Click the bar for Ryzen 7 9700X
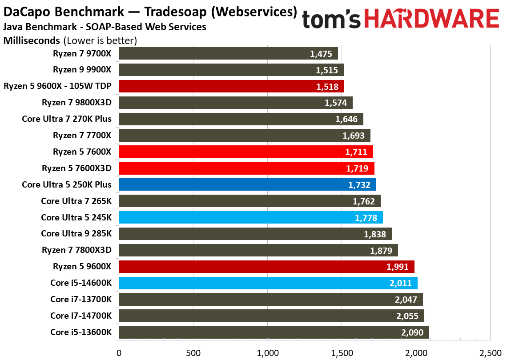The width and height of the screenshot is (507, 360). click(x=228, y=54)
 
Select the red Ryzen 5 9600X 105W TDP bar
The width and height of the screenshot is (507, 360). click(x=231, y=86)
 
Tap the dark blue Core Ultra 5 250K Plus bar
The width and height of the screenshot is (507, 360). click(x=247, y=184)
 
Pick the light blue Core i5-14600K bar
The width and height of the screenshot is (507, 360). click(x=268, y=283)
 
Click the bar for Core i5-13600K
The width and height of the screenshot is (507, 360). click(x=274, y=332)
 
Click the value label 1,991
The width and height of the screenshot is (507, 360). click(x=398, y=267)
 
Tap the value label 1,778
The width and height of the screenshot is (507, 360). click(x=366, y=217)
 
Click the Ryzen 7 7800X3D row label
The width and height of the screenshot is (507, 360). click(x=77, y=250)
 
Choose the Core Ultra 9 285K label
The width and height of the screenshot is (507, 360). click(x=76, y=233)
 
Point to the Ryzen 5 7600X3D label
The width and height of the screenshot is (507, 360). click(x=77, y=168)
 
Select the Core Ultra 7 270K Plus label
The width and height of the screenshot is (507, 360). click(x=67, y=119)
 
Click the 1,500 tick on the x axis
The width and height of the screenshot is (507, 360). click(x=342, y=353)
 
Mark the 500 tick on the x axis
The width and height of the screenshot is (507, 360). click(x=193, y=353)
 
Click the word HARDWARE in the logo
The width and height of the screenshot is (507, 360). click(x=431, y=20)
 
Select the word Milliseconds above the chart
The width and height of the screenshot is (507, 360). click(x=32, y=41)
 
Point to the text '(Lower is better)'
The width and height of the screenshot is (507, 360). click(x=100, y=41)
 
